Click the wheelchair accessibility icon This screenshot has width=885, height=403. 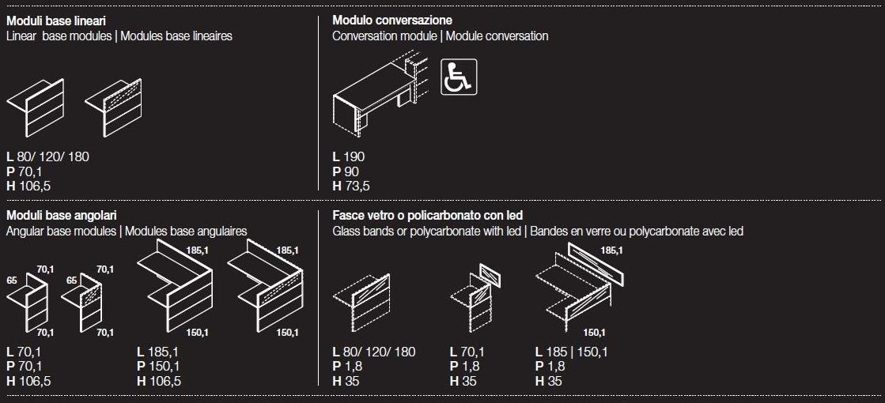pyautogui.click(x=458, y=77)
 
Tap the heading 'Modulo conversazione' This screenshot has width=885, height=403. pyautogui.click(x=392, y=21)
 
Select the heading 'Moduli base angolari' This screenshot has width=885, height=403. pyautogui.click(x=62, y=215)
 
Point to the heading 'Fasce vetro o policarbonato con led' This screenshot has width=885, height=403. pyautogui.click(x=427, y=215)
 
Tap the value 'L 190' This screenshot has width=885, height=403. pyautogui.click(x=349, y=156)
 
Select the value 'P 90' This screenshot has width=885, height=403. pyautogui.click(x=346, y=171)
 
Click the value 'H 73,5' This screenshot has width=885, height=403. pyautogui.click(x=351, y=186)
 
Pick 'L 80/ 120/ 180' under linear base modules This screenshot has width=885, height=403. pyautogui.click(x=48, y=156)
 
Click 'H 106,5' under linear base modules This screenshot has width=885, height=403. pyautogui.click(x=28, y=186)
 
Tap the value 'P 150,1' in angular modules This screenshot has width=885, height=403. pyautogui.click(x=159, y=367)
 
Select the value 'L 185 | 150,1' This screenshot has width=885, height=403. pyautogui.click(x=571, y=352)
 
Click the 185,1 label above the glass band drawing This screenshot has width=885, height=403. pyautogui.click(x=612, y=250)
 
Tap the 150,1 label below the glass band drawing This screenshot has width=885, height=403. pyautogui.click(x=594, y=333)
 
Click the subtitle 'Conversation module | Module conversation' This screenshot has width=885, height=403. pyautogui.click(x=441, y=36)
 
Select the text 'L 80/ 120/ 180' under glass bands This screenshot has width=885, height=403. pyautogui.click(x=373, y=352)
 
